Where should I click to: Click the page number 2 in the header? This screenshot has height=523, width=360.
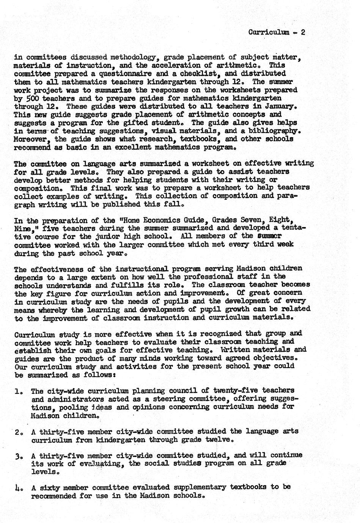tap(303, 32)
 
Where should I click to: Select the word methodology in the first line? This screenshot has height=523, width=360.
tap(130, 58)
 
